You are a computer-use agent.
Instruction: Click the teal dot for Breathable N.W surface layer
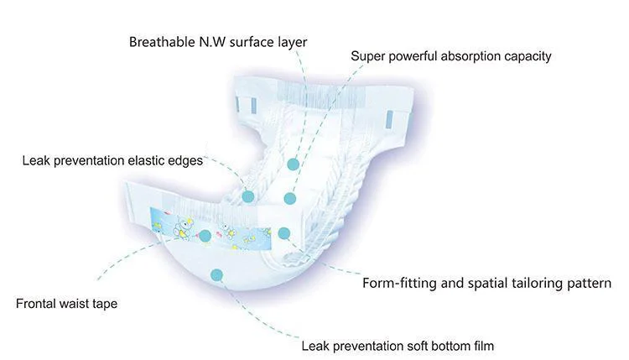click(293, 164)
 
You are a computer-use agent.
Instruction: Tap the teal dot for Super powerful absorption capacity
click(289, 199)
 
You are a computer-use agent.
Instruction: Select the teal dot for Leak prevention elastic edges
click(248, 196)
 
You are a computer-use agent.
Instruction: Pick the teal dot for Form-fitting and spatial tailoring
click(283, 233)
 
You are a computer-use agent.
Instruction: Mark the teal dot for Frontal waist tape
click(205, 236)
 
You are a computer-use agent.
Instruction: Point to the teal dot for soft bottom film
click(217, 274)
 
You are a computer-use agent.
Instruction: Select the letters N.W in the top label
click(207, 41)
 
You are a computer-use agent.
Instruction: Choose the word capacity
click(527, 57)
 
